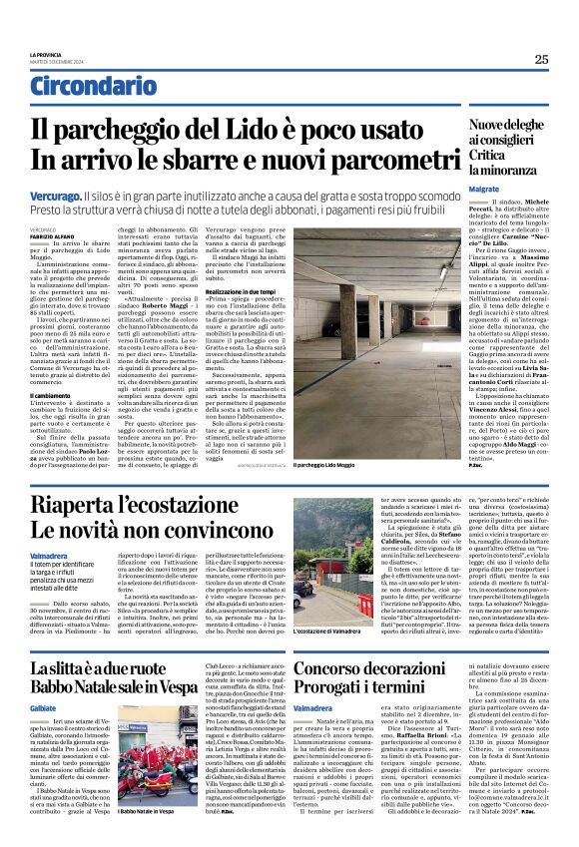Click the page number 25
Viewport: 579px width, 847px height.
point(540,59)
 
